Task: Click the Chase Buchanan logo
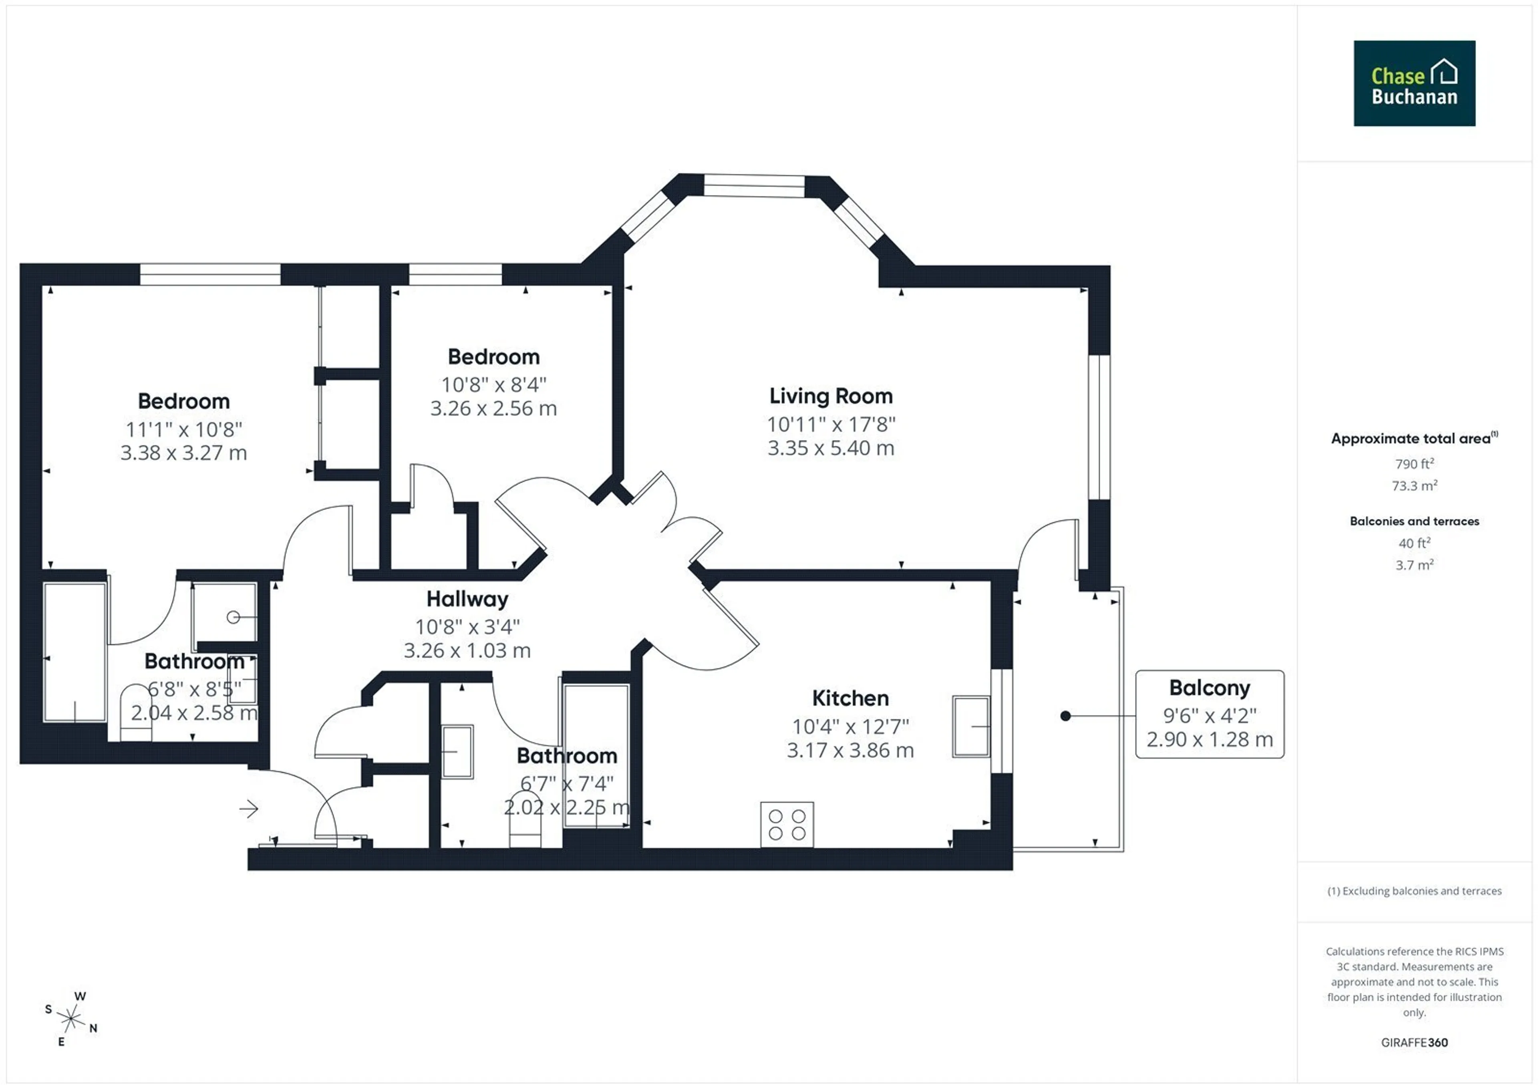point(1414,83)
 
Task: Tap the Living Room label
point(831,396)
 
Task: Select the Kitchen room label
point(850,698)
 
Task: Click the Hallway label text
point(467,599)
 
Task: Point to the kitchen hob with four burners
point(787,824)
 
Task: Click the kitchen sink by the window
point(970,727)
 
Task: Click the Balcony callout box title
point(1209,688)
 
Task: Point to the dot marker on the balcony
point(1065,716)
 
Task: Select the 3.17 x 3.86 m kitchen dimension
point(850,750)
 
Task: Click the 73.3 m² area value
point(1414,485)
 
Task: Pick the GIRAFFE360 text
point(1414,1042)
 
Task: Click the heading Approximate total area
point(1414,438)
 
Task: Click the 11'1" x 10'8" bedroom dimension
point(183,429)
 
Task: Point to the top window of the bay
point(754,185)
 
